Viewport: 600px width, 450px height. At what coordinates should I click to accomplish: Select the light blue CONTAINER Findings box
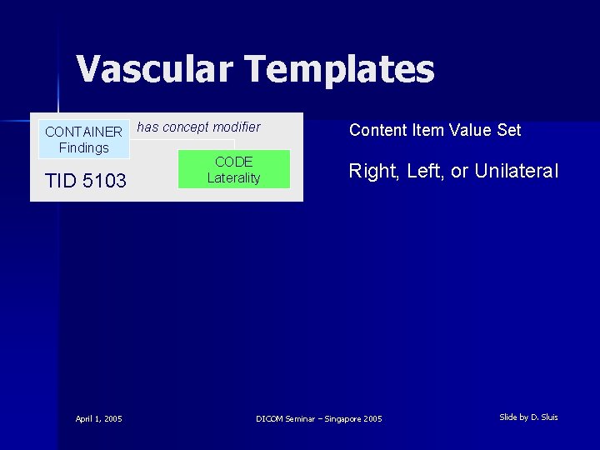[83, 139]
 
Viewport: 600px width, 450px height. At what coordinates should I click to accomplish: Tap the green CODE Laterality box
[233, 169]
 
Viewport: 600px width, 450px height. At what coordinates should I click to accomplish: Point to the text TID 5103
[86, 181]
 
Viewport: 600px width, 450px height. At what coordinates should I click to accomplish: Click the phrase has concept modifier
[198, 127]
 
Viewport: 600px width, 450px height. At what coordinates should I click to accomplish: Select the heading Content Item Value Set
[435, 130]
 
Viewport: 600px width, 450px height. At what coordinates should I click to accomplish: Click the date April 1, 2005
[98, 418]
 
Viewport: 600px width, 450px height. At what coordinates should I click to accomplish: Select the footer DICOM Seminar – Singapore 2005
[319, 418]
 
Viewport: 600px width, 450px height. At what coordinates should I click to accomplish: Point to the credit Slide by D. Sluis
[528, 417]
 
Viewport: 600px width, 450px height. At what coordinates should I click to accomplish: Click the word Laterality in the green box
[233, 177]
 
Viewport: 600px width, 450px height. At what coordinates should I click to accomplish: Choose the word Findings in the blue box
[83, 147]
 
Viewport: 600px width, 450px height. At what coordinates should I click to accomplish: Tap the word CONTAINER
[83, 132]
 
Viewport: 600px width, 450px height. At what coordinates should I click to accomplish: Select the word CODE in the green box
[233, 162]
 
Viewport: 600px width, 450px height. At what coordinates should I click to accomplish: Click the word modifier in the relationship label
[237, 127]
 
